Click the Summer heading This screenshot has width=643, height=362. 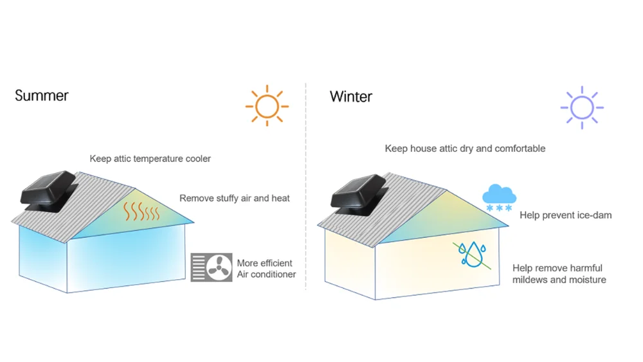coord(41,96)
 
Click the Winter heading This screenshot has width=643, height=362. coord(350,96)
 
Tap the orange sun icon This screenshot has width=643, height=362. coord(267,106)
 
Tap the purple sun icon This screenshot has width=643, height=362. coord(582,108)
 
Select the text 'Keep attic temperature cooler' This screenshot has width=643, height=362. coord(150,159)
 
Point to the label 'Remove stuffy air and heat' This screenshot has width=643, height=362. coord(235,199)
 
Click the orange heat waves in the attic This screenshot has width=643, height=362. coord(141,212)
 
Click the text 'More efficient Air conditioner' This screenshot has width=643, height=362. coord(266,269)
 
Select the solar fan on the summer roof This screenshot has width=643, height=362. coord(48,191)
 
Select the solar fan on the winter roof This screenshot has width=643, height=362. coord(358,194)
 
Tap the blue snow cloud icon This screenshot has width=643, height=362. coord(499,197)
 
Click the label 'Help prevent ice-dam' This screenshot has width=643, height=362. coord(565,215)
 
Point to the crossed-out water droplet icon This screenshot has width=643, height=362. coord(472,255)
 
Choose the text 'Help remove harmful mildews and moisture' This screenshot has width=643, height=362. coord(559,274)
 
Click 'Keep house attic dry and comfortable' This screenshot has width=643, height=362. coord(465,149)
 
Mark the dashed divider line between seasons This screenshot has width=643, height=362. coord(306,186)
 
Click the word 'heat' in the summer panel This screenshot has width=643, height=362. coord(280,199)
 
